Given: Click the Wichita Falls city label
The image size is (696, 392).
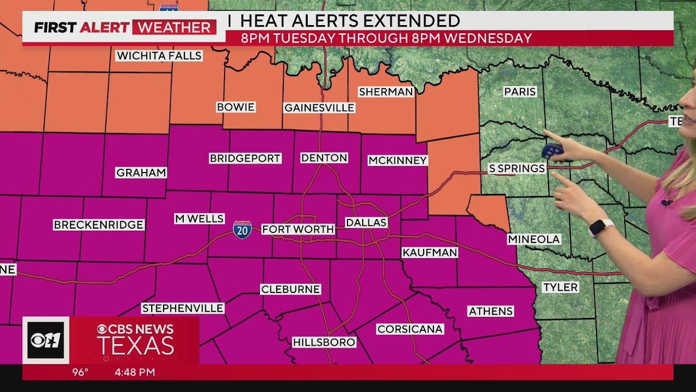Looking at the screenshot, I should tap(159, 56).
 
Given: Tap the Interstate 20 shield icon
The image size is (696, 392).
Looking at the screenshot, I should tap(243, 230).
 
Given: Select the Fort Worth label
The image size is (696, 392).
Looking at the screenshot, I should tap(298, 229).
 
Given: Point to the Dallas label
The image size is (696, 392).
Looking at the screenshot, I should tap(366, 223).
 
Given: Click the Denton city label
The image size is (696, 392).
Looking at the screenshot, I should tap(324, 158).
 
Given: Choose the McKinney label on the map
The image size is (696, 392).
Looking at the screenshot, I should tap(397, 161).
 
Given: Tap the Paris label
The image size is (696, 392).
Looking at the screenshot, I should tap(520, 92).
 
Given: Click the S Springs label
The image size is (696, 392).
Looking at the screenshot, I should tap(517, 169).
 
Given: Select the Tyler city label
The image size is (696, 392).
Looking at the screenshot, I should tap(561, 287).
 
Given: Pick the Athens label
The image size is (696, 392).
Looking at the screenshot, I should tap(490, 311).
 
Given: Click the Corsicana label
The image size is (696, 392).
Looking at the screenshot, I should tap(410, 329).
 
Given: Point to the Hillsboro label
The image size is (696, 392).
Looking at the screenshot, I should tap(324, 342).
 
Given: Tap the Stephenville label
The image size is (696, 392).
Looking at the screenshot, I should tap(183, 309).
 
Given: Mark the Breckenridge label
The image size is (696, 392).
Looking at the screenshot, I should tap(98, 225).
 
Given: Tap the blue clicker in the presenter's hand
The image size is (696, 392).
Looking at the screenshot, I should tap(552, 151).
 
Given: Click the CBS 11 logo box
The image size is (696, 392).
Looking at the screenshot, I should tap(46, 340).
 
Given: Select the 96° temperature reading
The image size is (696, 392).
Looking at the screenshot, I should tap(80, 372).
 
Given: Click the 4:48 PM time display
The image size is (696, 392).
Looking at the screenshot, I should tap(135, 372).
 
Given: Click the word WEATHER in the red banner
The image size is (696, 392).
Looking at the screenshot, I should tap(174, 27).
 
